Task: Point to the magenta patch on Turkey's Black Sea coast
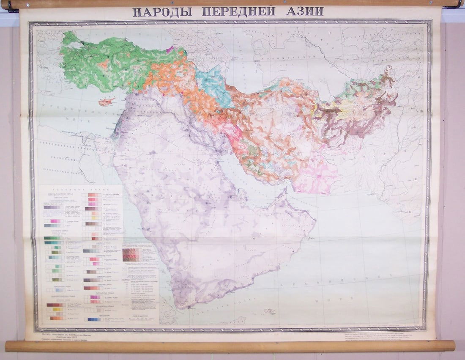coord(170,49)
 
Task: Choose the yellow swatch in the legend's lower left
coord(55,309)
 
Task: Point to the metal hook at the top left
coord(11,6)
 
